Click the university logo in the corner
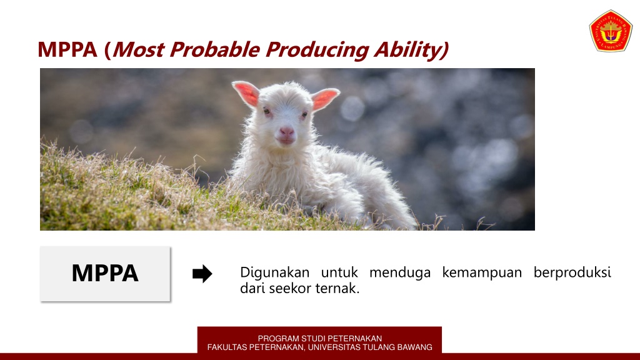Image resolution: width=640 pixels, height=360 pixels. pyautogui.click(x=611, y=30)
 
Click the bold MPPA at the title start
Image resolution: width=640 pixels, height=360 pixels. pyautogui.click(x=67, y=49)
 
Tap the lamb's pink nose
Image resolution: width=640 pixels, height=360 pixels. pyautogui.click(x=286, y=132)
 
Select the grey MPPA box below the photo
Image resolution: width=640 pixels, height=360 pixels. pyautogui.click(x=105, y=274)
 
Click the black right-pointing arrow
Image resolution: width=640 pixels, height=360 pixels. pyautogui.click(x=202, y=274)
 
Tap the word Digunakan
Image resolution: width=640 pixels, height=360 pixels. pyautogui.click(x=275, y=273)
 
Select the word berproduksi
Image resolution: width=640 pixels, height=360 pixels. pyautogui.click(x=572, y=273)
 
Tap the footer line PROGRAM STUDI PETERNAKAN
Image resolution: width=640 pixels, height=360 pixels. pyautogui.click(x=319, y=339)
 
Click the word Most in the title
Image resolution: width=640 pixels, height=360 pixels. pyautogui.click(x=136, y=49)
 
